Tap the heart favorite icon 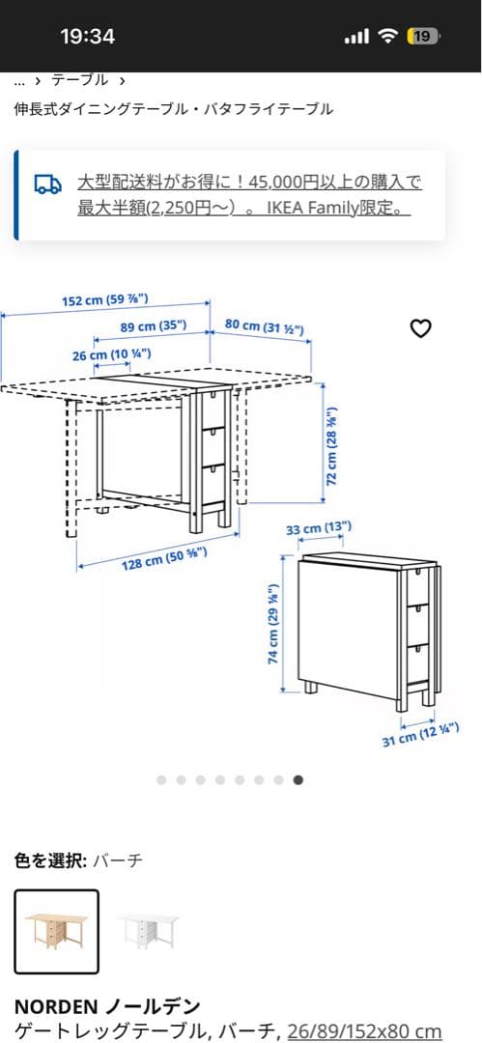(x=420, y=329)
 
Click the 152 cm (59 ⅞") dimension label (x=104, y=301)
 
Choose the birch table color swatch (x=56, y=931)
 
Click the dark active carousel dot (x=298, y=779)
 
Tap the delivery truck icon (x=46, y=183)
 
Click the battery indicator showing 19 (x=423, y=37)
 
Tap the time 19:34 (x=87, y=37)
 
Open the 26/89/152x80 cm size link (x=364, y=1031)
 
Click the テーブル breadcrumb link (x=80, y=80)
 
